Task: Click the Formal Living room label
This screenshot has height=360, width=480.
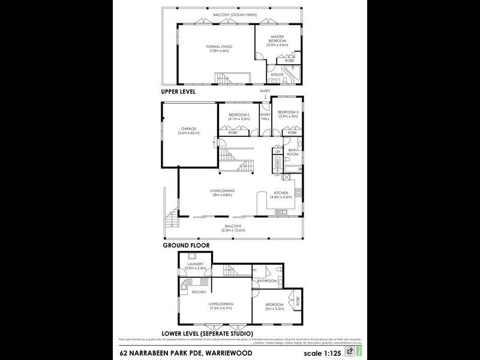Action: pos(219,47)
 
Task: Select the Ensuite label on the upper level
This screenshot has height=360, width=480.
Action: pos(277,74)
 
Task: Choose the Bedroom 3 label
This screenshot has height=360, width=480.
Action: pos(288,112)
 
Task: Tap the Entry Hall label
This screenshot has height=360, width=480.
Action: pos(265,116)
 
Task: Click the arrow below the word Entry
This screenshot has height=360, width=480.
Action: pos(265,97)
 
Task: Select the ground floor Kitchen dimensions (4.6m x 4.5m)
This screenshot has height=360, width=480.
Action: pos(282,196)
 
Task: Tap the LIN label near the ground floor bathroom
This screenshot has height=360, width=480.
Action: pos(277,152)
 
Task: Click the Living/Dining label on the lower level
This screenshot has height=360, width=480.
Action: pos(221,304)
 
